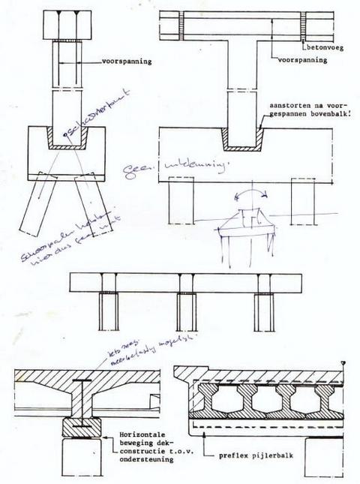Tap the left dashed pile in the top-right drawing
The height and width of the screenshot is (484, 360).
181,203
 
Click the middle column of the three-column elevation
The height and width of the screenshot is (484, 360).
187,311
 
